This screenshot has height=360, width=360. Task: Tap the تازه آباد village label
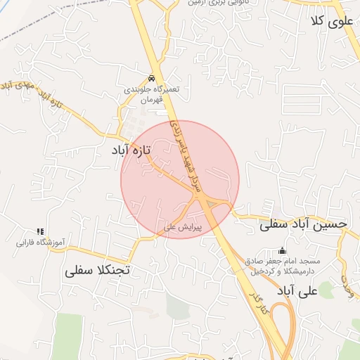pos(134,150)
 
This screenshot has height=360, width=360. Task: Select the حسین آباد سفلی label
pos(303,224)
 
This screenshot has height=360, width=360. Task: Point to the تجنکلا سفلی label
pos(98,269)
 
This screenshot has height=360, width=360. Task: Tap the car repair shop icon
pos(152,77)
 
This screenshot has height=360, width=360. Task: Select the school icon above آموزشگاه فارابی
pos(40,231)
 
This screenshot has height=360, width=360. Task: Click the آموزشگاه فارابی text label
pos(41,243)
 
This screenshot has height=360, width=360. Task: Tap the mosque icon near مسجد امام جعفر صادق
pos(283,250)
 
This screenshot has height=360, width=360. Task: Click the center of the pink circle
pos(180,180)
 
